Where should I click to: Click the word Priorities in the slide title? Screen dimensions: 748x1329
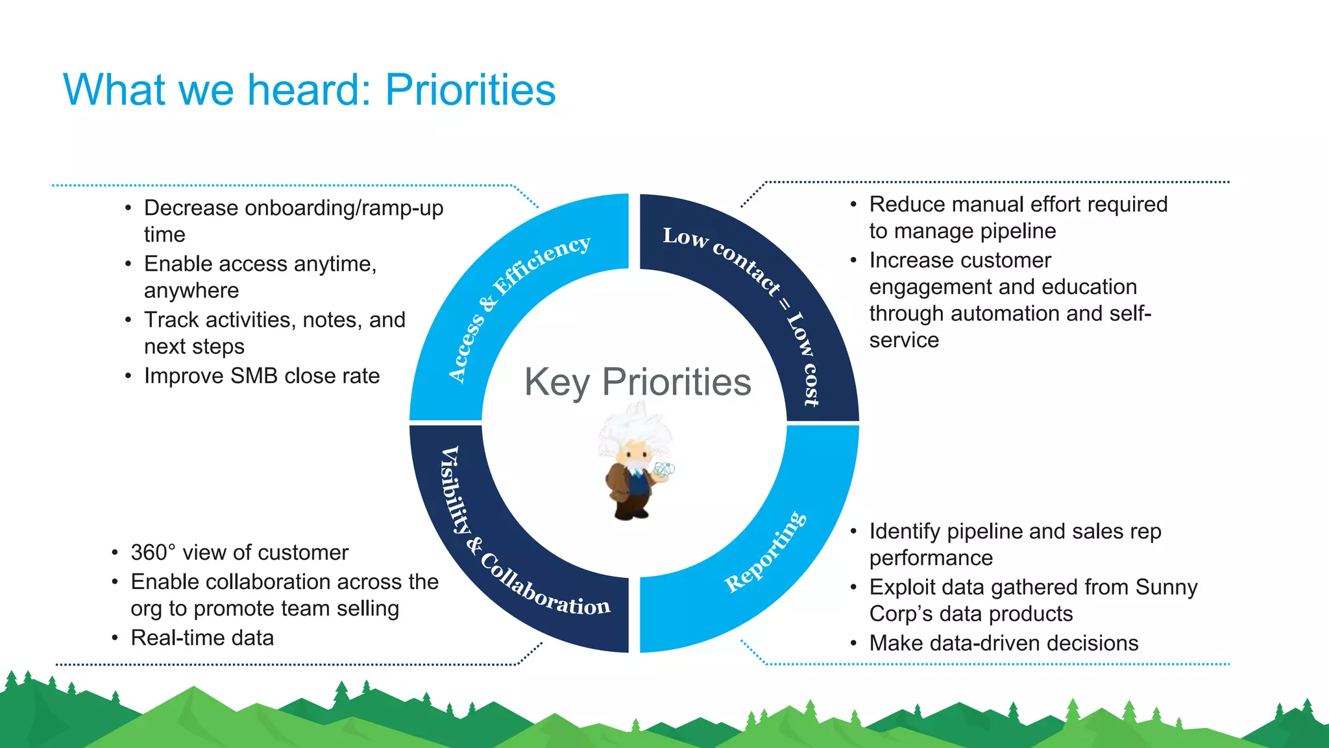(470, 90)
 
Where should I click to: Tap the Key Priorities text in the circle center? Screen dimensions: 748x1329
(637, 382)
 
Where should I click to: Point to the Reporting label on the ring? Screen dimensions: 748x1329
(766, 552)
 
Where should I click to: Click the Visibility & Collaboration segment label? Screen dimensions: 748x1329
(513, 545)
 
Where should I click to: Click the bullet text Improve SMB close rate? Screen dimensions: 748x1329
(262, 376)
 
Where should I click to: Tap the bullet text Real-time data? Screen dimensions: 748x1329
(202, 638)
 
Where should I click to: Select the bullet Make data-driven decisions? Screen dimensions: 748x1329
(1003, 643)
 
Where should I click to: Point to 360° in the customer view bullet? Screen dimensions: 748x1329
(153, 553)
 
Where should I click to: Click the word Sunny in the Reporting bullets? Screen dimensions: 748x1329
(1166, 587)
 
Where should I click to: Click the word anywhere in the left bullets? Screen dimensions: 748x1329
(191, 291)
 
